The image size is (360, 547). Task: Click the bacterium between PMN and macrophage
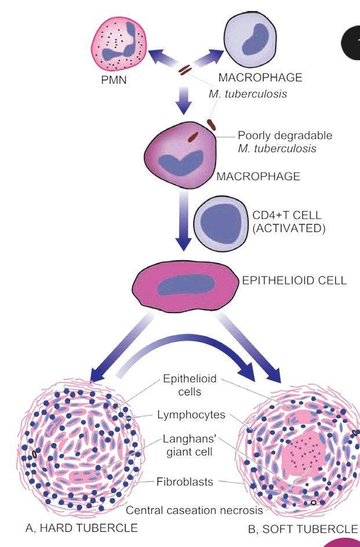184,70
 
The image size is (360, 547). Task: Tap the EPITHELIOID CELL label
294,281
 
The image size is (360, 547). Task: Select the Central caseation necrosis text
194,510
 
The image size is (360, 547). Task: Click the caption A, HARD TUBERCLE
82,527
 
